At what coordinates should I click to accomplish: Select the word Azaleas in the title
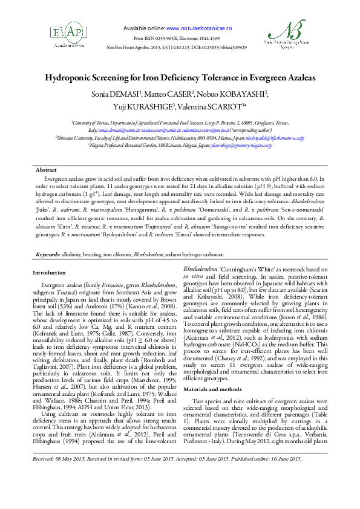tap(298, 78)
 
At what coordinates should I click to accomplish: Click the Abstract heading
tap(47, 170)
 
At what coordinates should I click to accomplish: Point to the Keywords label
tap(48, 256)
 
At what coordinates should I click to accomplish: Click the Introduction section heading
tap(48, 273)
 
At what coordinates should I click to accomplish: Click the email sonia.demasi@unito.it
tap(97, 130)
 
